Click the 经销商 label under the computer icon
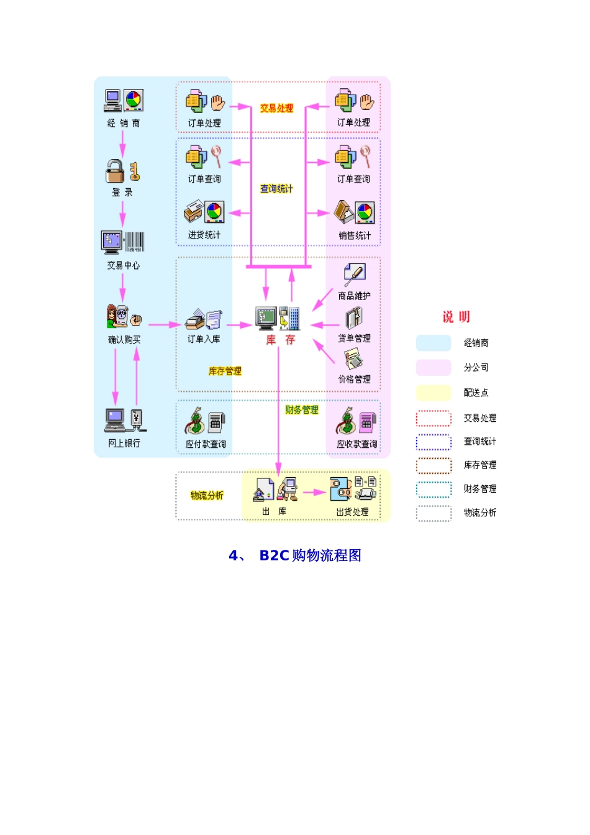coord(124,123)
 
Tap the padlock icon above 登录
coord(116,171)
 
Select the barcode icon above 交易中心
coord(135,242)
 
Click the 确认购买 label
coord(124,340)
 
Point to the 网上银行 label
coord(124,443)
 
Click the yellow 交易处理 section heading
coord(276,108)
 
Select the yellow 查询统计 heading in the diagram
coord(276,189)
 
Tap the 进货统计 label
coord(204,235)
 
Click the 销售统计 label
coord(355,235)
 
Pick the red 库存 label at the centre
coord(280,340)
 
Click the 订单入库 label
coord(204,339)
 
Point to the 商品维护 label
coord(354,296)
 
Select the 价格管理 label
coord(354,379)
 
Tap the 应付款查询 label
coord(206,444)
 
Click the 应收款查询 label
coord(356,444)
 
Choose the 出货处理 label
coord(352,512)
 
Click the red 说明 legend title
coord(456,317)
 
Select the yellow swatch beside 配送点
coord(433,393)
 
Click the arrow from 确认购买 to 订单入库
coord(165,324)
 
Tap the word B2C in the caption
coord(274,555)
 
